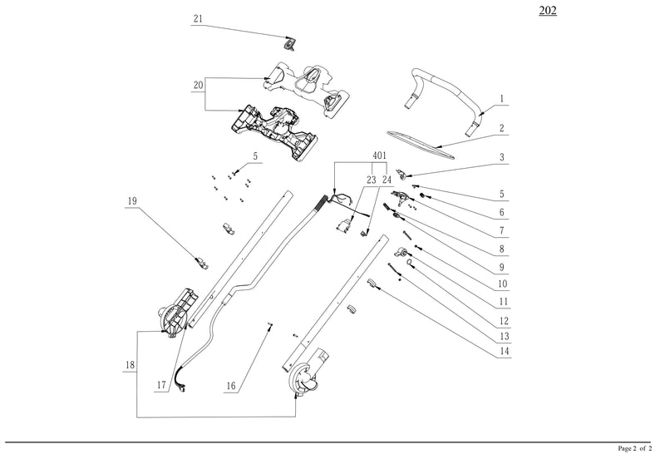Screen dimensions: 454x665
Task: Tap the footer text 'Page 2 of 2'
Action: tap(637, 447)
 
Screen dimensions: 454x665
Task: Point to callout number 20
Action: tap(198, 85)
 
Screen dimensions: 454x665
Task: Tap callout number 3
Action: tap(502, 156)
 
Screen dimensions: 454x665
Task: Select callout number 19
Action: tap(131, 201)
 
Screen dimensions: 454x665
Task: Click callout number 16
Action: tap(231, 386)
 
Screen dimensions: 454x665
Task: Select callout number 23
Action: tap(371, 179)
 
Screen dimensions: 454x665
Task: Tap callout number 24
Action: tap(387, 179)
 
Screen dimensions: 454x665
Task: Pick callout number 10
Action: tap(502, 284)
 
